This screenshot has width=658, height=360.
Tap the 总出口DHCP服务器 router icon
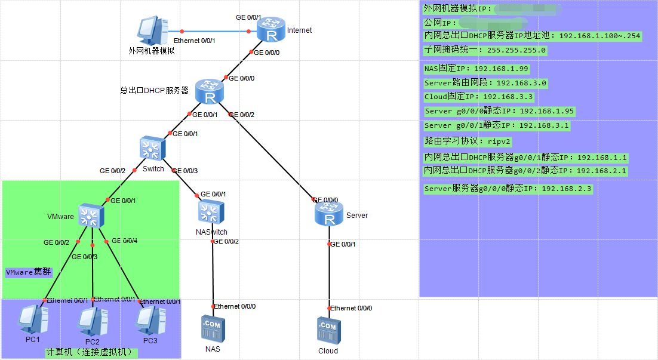[209, 92]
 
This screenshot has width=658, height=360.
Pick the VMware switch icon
[92, 215]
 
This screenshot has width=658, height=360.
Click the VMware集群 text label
[28, 272]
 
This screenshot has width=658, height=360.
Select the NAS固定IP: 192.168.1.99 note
[476, 69]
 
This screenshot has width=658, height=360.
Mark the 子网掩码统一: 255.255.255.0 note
[485, 50]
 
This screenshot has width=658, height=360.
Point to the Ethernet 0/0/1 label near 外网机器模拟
[194, 41]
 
